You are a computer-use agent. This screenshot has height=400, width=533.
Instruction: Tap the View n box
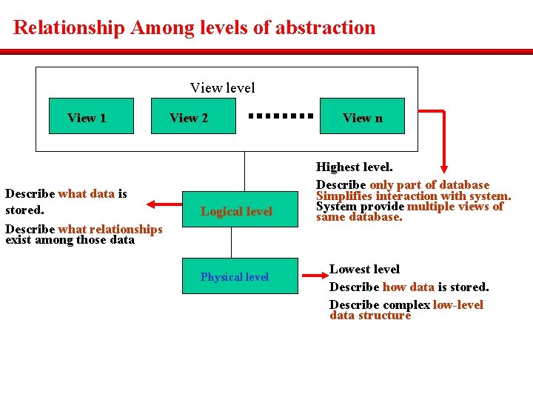[x=362, y=116]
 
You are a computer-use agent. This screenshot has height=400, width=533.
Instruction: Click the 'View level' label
[x=222, y=88]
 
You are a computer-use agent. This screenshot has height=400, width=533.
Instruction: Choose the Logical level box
[x=236, y=211]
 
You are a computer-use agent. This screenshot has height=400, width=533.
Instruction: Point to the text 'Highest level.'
[x=354, y=168]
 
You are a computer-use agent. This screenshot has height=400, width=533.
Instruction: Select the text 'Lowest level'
[x=364, y=270]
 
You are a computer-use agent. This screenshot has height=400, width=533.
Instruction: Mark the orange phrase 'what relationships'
[x=110, y=229]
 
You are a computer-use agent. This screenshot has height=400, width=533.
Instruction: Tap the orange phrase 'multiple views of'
[x=455, y=207]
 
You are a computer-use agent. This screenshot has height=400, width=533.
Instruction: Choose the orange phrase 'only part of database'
[x=429, y=184]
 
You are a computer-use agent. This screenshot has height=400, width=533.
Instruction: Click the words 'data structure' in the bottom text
[x=369, y=316]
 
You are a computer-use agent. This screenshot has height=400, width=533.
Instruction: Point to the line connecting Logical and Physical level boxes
[x=232, y=243]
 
